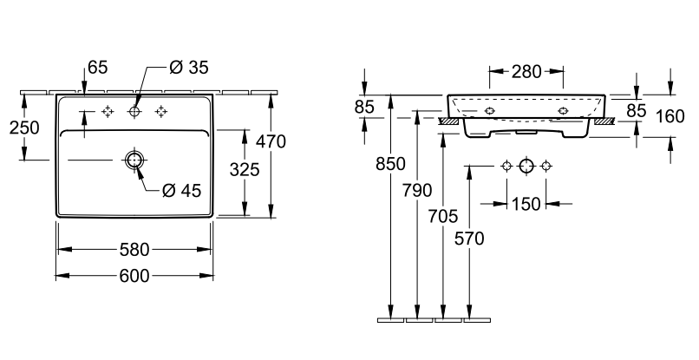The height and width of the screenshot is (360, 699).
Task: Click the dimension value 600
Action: tap(134, 276)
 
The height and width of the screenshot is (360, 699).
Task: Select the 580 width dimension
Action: tap(134, 250)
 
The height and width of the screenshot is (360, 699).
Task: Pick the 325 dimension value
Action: tap(245, 170)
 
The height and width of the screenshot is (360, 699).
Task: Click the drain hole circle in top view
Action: tap(134, 160)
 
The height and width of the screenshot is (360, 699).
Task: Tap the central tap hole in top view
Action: tap(134, 111)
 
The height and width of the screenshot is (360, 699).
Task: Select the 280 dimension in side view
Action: tap(526, 71)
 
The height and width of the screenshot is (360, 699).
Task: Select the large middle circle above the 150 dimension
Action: tap(526, 166)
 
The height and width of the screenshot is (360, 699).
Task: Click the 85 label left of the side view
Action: tap(364, 108)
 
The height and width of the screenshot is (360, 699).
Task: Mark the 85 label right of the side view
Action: tap(637, 110)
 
